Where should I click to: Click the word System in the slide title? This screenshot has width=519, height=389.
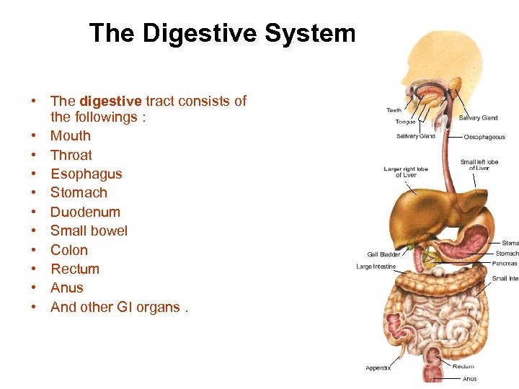tap(311, 33)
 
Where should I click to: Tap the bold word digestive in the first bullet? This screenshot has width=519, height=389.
tap(110, 102)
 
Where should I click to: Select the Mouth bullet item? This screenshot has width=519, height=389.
tap(71, 135)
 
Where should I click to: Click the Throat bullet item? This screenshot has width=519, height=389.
tap(71, 155)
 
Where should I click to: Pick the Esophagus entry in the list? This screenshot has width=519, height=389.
tap(86, 174)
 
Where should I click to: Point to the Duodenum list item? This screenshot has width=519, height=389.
tap(85, 212)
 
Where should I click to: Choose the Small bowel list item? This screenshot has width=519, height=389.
tap(89, 231)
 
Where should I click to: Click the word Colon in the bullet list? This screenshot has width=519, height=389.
tap(69, 250)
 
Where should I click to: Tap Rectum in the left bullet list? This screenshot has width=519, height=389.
tap(75, 269)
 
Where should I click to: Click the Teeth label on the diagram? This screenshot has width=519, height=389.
tap(394, 110)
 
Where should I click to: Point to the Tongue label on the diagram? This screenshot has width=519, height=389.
tap(404, 122)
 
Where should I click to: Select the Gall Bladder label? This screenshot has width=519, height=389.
tap(383, 254)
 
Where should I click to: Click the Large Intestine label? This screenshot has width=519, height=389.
tap(376, 267)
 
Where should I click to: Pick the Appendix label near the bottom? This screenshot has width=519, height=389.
tap(378, 368)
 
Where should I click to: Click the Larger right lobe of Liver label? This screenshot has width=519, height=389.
tap(405, 172)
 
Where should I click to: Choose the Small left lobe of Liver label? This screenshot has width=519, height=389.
tap(479, 165)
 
